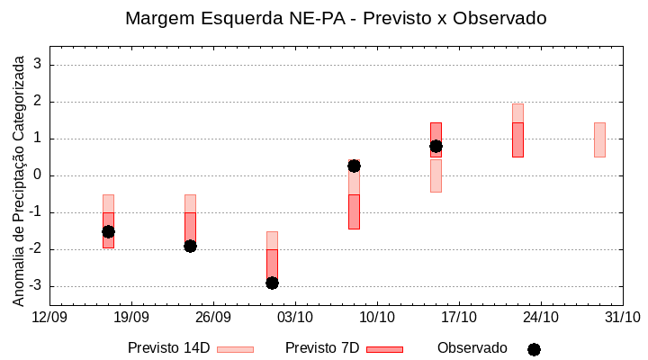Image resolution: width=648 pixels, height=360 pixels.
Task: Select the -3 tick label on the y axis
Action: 34,286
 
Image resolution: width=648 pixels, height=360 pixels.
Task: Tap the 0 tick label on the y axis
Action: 38,175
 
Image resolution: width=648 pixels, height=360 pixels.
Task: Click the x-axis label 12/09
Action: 49,317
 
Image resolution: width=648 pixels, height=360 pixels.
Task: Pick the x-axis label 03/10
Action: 295,317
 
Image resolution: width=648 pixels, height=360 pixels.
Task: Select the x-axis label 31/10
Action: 622,317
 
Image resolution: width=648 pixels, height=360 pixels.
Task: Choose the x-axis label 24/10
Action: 541,317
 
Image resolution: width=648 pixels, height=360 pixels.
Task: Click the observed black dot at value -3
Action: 272,283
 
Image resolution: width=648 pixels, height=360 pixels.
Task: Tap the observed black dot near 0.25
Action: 354,166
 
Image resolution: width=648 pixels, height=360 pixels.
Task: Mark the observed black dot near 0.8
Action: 436,146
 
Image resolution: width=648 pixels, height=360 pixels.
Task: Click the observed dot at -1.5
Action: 108,231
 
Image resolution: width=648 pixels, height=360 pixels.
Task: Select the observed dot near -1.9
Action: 190,246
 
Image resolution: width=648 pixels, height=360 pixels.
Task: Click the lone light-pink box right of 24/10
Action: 599,139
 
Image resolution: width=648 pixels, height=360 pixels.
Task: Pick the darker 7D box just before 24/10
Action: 517,139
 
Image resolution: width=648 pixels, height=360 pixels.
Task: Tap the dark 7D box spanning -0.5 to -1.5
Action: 354,211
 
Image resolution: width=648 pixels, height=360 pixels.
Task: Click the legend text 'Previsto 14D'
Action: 168,348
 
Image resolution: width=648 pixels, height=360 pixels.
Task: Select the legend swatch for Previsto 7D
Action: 384,349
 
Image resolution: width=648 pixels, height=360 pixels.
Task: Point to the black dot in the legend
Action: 534,349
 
